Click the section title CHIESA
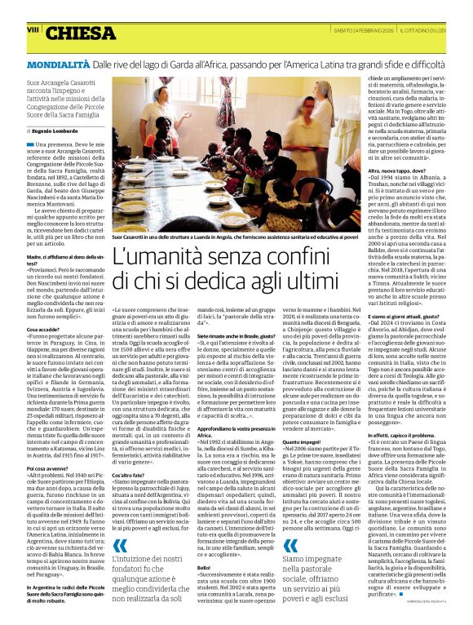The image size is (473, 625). click(81, 33)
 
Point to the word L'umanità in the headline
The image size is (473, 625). click(154, 259)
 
